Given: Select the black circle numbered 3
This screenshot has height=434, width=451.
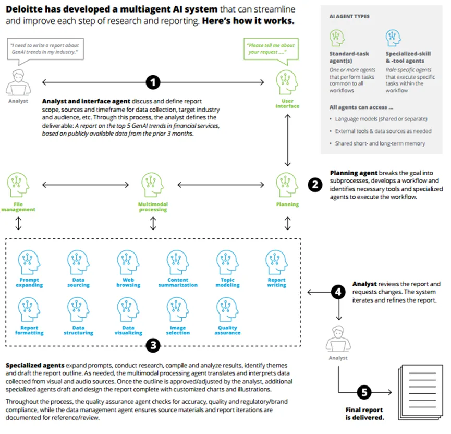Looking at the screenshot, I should tap(152, 344).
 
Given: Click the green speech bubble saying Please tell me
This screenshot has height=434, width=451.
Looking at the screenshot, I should tap(272, 48).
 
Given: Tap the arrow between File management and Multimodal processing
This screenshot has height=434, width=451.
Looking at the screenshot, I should tap(85, 185).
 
